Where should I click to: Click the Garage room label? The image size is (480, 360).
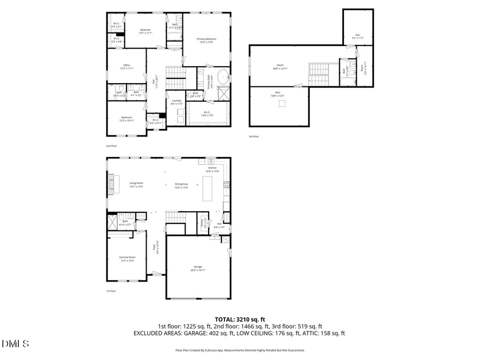coord(197,268)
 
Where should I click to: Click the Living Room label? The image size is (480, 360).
coord(136,185)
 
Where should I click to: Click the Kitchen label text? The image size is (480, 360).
coord(212,170)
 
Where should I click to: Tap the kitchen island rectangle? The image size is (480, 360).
coord(207,189)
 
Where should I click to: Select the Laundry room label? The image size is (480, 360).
coord(176,102)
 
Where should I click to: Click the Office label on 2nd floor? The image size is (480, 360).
coord(126,67)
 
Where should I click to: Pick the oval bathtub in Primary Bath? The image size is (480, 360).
coord(223,75)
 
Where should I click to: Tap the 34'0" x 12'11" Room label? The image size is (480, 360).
coord(280,67)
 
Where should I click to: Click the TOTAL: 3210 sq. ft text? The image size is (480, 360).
coord(239,319)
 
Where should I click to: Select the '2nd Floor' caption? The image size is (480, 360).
coord(111,145)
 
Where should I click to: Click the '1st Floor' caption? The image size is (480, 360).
coord(111,291)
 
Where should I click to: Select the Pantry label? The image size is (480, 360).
coord(203,223)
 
